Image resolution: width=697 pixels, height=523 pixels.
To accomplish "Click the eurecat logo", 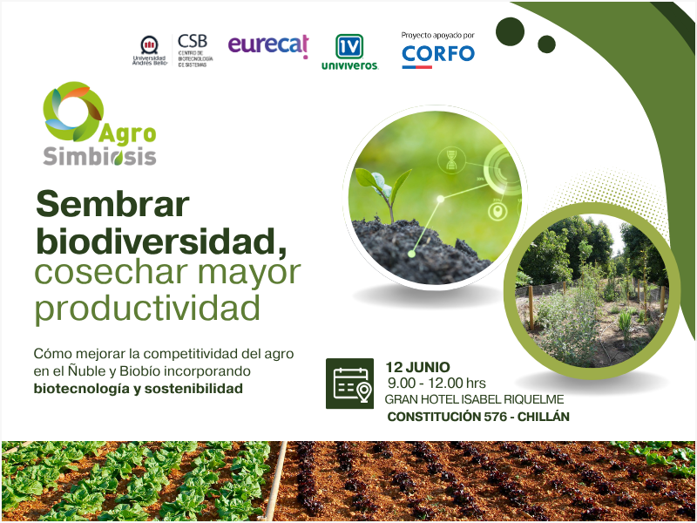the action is click(x=268, y=46).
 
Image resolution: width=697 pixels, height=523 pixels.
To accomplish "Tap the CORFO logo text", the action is click(x=438, y=54).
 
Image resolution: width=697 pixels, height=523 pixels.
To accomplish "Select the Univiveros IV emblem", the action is click(x=349, y=46).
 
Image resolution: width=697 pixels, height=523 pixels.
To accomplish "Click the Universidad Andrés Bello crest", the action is click(x=149, y=45).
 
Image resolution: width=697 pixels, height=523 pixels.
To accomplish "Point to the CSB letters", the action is click(x=193, y=41).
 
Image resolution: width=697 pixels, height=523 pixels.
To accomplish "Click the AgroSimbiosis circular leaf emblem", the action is click(x=73, y=112).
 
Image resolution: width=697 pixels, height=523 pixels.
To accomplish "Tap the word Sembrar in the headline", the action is click(x=113, y=204).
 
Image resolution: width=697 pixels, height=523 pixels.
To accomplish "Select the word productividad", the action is click(x=147, y=308).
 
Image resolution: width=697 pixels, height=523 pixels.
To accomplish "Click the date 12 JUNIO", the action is click(x=417, y=367).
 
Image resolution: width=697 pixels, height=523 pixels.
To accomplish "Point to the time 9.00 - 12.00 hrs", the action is click(x=436, y=383).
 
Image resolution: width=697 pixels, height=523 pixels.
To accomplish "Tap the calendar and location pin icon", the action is click(x=350, y=384).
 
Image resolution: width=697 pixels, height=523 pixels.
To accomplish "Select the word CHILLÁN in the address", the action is click(x=543, y=417).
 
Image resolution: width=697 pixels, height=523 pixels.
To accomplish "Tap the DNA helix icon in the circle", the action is click(x=451, y=160).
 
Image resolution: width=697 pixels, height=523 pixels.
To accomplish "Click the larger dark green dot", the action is click(x=511, y=31).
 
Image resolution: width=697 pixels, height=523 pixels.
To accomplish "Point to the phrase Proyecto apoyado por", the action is click(x=438, y=36).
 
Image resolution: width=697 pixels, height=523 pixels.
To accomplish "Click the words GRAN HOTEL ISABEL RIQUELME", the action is click(x=474, y=399).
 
